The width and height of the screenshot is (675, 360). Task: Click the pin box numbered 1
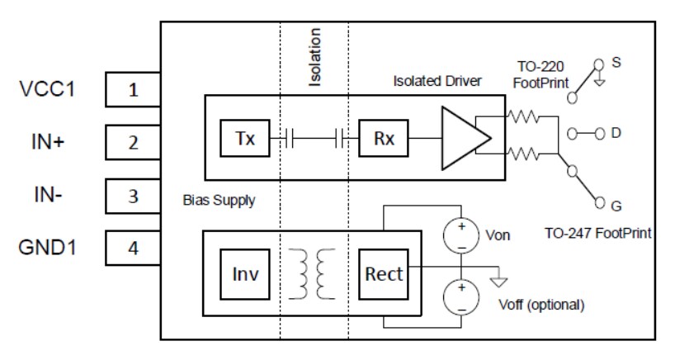(x=133, y=90)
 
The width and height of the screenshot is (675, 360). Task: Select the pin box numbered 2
(x=133, y=143)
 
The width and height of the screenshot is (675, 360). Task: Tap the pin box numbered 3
(x=133, y=197)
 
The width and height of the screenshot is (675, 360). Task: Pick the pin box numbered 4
(x=133, y=249)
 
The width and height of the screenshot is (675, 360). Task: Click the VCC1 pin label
(x=47, y=89)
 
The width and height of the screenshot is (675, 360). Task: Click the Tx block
(x=244, y=139)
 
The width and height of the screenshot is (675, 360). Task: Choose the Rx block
(x=383, y=139)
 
